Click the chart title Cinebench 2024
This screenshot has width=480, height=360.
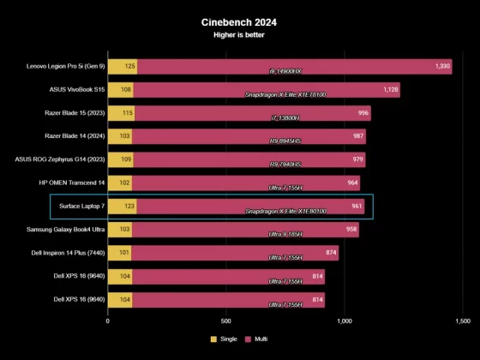(x=239, y=22)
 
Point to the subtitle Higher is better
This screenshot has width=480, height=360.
(x=239, y=35)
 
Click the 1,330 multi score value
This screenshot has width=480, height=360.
(x=442, y=66)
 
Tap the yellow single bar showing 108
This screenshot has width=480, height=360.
(x=120, y=89)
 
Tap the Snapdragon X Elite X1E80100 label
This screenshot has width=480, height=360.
(x=285, y=212)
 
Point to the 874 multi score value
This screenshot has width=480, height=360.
(x=328, y=253)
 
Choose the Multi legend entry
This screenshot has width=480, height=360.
(x=257, y=339)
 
